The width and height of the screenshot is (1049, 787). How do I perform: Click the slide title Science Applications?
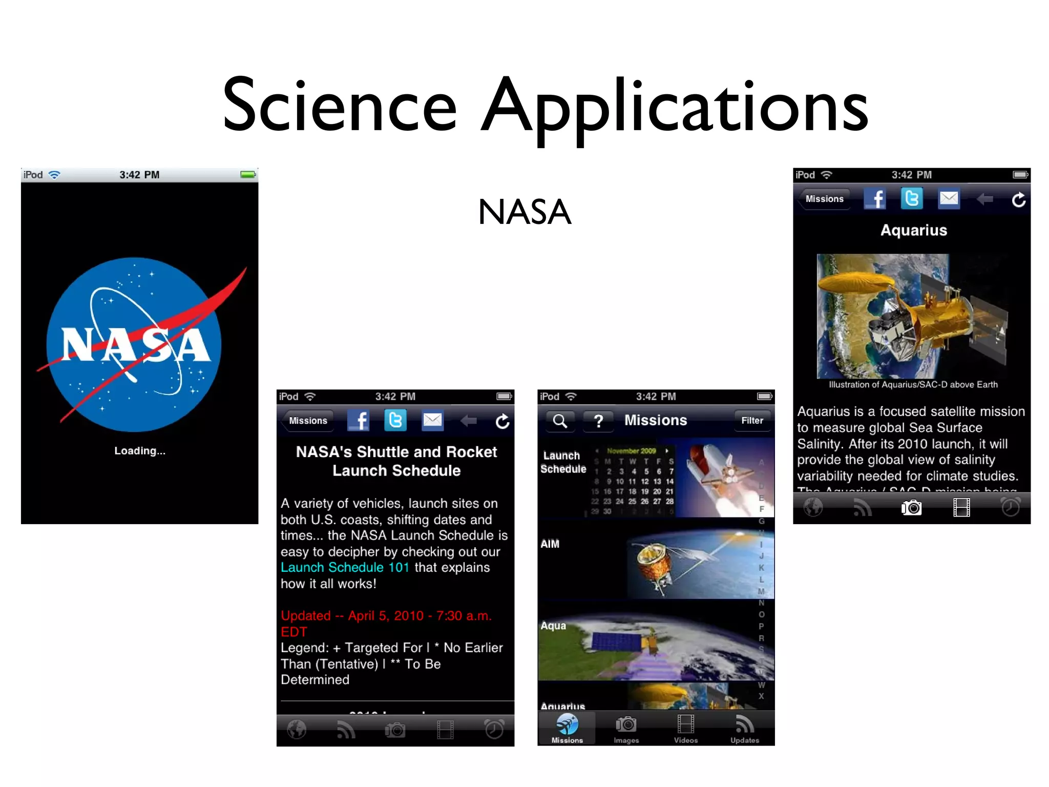tap(545, 105)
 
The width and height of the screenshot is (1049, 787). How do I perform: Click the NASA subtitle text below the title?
tap(524, 212)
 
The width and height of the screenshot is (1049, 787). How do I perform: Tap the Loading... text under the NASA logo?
tap(139, 451)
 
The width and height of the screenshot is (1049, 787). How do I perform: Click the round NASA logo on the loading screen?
tap(134, 344)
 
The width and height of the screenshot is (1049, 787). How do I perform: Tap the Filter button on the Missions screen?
tap(752, 421)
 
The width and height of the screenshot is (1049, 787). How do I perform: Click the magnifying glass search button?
tap(560, 421)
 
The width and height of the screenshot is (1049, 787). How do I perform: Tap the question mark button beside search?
tap(598, 421)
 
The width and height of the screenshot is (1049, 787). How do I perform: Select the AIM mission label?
tap(550, 544)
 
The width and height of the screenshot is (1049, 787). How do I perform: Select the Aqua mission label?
tap(553, 626)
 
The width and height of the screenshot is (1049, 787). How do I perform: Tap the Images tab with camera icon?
tap(626, 729)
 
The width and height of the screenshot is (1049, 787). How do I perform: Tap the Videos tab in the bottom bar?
tap(685, 729)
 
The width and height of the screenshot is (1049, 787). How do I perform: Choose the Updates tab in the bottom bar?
tap(745, 729)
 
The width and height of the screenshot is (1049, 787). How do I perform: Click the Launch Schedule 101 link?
tap(345, 568)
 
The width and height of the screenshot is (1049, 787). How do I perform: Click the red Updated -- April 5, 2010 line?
tap(386, 616)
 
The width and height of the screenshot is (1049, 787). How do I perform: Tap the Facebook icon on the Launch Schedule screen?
tap(359, 421)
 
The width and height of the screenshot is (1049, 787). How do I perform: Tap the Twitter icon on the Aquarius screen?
tap(912, 199)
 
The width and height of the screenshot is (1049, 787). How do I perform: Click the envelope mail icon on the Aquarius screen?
tap(949, 199)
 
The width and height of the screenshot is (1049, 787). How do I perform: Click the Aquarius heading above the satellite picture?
tap(913, 231)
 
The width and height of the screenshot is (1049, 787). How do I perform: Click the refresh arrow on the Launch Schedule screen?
tap(502, 421)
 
